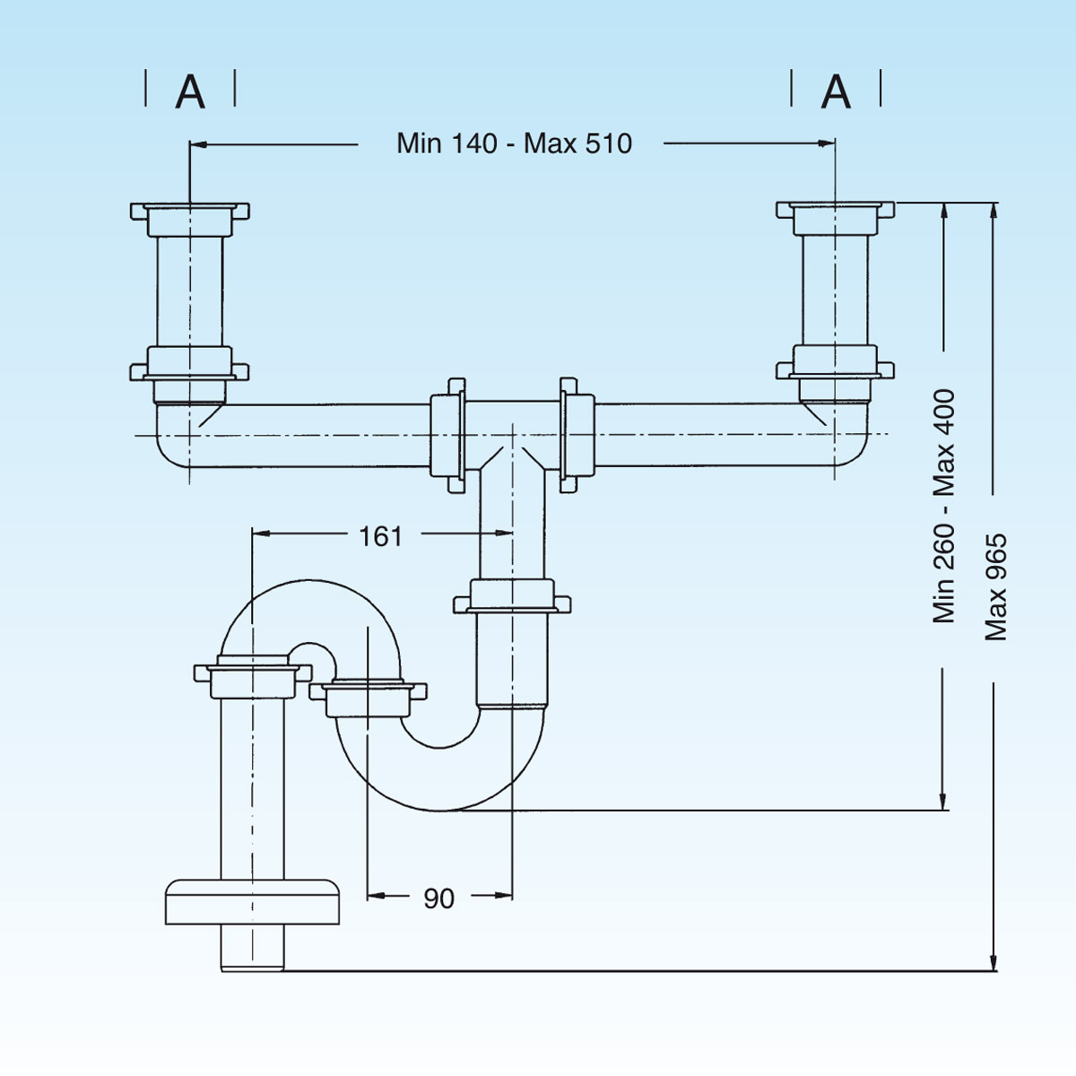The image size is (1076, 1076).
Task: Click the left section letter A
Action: (190, 91)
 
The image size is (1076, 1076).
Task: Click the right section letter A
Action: (836, 91)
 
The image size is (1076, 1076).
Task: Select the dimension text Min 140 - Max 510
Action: (514, 143)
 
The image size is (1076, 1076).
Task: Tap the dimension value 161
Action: (380, 536)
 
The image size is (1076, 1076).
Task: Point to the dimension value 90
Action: (438, 898)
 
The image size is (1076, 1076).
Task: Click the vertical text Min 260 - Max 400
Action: (944, 507)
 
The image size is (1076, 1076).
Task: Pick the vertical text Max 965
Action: (996, 587)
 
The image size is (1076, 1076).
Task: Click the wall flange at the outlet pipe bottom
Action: (253, 901)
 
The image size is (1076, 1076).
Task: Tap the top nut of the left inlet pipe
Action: (190, 213)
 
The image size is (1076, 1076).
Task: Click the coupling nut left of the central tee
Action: (447, 436)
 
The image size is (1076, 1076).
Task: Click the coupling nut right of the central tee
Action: (576, 436)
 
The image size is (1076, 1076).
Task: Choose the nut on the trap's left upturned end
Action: (368, 697)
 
